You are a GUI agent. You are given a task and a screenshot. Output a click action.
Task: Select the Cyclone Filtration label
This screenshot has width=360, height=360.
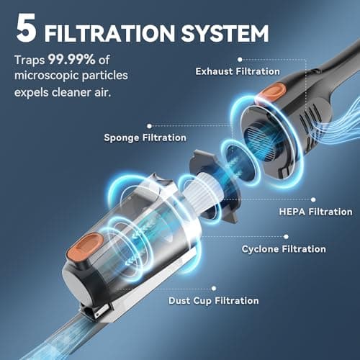(x=283, y=248)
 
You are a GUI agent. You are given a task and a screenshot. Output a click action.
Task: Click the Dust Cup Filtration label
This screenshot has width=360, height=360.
(x=213, y=300)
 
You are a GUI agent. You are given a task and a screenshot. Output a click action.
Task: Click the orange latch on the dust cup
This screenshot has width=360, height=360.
(x=85, y=243)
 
